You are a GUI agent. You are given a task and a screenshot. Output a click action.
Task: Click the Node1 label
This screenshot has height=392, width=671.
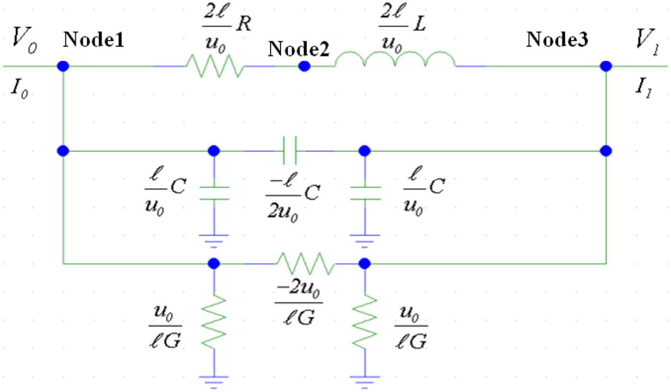(x=93, y=41)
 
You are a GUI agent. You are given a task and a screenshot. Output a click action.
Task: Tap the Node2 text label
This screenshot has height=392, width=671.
(x=299, y=49)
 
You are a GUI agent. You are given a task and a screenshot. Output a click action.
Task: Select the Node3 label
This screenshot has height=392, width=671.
(x=556, y=40)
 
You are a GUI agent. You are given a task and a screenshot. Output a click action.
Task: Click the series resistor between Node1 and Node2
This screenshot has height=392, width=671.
(x=214, y=66)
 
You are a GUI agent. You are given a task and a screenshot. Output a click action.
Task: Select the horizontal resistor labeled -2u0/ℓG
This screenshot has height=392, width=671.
(x=305, y=263)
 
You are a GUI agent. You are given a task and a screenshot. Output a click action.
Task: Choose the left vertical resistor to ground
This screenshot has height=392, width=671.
(x=214, y=321)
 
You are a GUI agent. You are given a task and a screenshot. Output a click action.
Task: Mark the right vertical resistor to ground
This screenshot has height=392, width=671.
(x=365, y=321)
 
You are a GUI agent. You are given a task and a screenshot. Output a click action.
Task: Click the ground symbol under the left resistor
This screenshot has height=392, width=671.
(x=214, y=378)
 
